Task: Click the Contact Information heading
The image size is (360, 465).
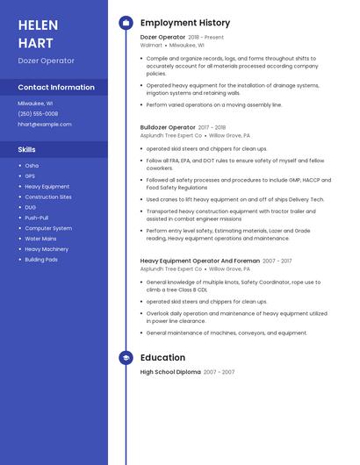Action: [56, 88]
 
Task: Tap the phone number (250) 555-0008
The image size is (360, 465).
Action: [38, 113]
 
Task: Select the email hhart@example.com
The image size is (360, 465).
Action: [44, 124]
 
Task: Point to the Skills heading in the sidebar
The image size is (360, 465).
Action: [27, 149]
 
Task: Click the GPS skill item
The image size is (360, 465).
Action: [30, 175]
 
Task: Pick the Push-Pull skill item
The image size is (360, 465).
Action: [37, 218]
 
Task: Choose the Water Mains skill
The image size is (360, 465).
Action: [40, 239]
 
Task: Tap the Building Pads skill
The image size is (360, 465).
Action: [41, 260]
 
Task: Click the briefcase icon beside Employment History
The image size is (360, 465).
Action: [126, 23]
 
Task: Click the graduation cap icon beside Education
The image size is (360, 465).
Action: [126, 358]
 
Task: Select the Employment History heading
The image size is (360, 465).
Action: [185, 23]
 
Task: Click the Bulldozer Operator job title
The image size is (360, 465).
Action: [168, 127]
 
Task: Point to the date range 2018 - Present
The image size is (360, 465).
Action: [206, 37]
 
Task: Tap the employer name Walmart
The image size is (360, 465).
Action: [151, 45]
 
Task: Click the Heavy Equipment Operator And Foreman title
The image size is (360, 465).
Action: [200, 261]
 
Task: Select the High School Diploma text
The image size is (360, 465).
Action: [170, 372]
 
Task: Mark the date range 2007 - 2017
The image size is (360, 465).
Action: [277, 261]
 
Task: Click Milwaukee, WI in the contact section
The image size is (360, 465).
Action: [35, 104]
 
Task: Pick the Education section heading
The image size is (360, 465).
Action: [162, 358]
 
